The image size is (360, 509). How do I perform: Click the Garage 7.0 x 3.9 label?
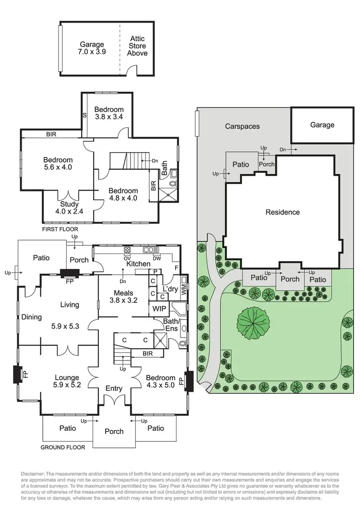click(x=92, y=48)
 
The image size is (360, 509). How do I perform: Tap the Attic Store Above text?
click(x=137, y=46)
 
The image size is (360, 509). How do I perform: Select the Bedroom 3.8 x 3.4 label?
click(x=109, y=113)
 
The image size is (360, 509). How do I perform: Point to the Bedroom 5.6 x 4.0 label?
click(x=58, y=164)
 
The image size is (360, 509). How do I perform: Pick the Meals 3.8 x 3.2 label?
click(x=123, y=296)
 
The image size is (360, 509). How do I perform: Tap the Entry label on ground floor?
click(x=114, y=388)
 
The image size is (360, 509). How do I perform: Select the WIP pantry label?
click(x=159, y=308)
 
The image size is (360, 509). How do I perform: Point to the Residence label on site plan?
click(x=283, y=212)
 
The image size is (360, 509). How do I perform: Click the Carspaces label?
click(x=242, y=126)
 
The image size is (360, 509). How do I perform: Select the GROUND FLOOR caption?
click(x=63, y=447)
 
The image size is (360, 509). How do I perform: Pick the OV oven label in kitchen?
click(x=128, y=258)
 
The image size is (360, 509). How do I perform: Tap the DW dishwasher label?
click(x=157, y=258)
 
